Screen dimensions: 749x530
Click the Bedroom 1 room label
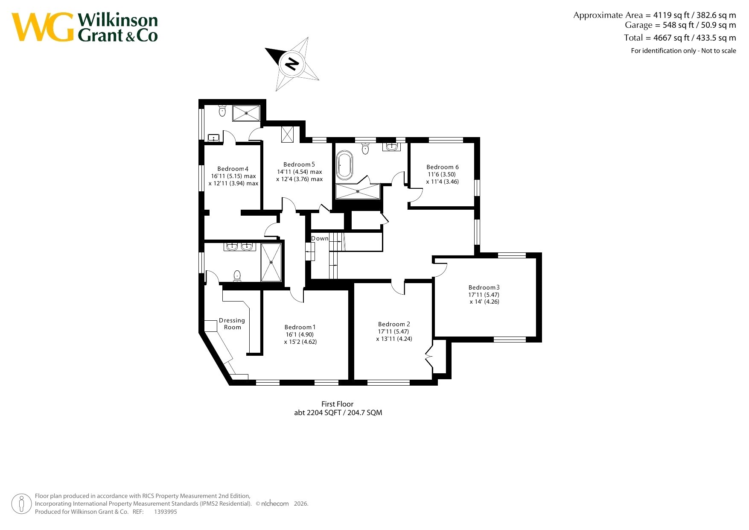click(x=300, y=327)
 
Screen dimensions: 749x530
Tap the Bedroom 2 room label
click(x=394, y=324)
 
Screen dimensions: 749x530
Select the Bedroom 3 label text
click(x=484, y=287)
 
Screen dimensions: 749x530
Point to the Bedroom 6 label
click(x=443, y=167)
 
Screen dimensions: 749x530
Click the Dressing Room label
click(x=232, y=324)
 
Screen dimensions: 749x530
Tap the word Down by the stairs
click(x=320, y=238)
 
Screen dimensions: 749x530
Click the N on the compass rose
click(x=292, y=64)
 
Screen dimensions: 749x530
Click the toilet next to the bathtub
click(x=365, y=148)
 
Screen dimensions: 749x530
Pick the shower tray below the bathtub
click(x=358, y=191)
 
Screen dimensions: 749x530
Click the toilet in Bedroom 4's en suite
click(x=222, y=111)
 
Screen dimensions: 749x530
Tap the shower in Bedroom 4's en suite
click(x=246, y=113)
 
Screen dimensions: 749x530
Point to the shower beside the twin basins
click(x=271, y=262)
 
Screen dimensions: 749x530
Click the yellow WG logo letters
click(x=43, y=27)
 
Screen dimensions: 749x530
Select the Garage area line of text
click(x=680, y=25)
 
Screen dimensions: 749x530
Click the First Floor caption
click(x=338, y=404)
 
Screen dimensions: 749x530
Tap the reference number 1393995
click(x=166, y=512)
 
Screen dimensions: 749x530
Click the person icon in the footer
click(x=21, y=504)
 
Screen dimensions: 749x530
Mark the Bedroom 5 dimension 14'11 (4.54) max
click(x=300, y=172)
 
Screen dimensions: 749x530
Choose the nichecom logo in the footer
click(x=275, y=504)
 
